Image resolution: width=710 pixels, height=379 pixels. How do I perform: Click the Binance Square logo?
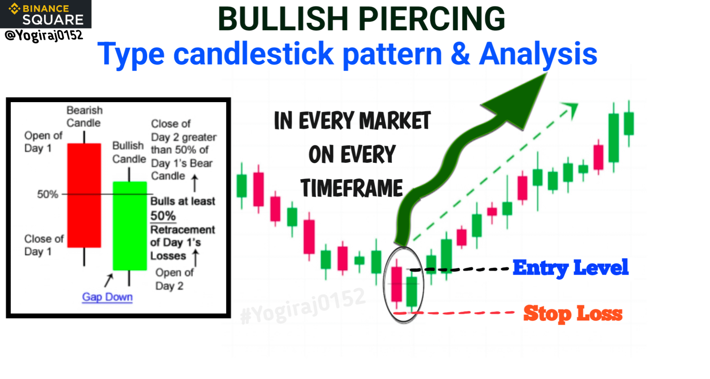pos(46,14)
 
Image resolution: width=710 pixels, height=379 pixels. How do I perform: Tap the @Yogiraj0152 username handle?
pos(44,36)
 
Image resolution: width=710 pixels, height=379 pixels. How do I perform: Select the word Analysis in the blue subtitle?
pos(538,54)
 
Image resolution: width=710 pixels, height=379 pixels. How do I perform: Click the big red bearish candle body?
pos(84,195)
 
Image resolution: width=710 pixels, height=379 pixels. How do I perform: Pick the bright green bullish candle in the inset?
pos(129,226)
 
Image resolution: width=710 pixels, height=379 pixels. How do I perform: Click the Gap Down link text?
pos(107,297)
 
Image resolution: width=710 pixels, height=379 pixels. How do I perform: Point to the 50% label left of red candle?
pos(47,194)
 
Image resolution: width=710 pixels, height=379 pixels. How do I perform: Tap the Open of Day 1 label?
pos(43,142)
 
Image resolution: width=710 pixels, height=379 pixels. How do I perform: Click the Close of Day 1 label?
pos(44,245)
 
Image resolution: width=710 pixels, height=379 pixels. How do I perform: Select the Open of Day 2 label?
pos(174,279)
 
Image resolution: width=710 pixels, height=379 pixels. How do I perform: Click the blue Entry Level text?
pos(570,268)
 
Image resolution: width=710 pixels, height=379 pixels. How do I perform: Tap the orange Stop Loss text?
pos(573,313)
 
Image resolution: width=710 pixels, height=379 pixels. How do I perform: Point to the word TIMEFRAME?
pos(352,188)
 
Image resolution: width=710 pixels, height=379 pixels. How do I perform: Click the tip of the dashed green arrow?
pos(577,104)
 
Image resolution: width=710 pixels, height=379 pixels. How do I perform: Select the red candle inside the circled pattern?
pos(397,284)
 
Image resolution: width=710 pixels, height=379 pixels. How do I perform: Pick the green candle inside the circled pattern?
pos(412,291)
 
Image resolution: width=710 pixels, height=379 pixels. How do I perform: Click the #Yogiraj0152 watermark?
pos(303,306)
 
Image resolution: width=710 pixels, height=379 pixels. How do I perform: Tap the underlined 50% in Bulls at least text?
pos(163,216)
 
